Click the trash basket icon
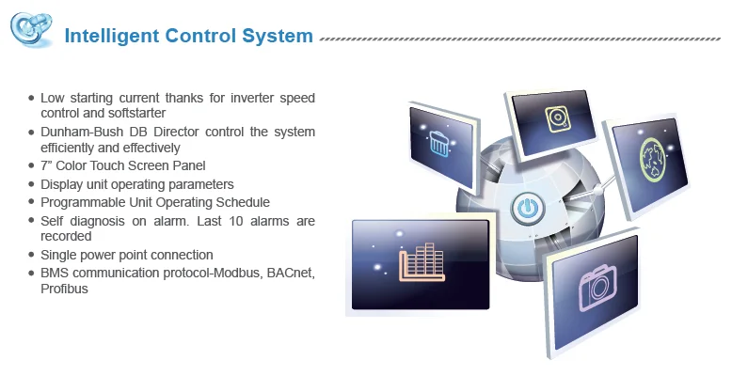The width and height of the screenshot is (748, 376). (x=439, y=146)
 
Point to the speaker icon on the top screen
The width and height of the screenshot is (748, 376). (x=557, y=119)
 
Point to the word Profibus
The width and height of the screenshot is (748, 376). (x=64, y=289)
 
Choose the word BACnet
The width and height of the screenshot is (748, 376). (x=282, y=273)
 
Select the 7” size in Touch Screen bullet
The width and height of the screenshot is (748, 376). (x=47, y=166)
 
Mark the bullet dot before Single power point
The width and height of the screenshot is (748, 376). (x=32, y=256)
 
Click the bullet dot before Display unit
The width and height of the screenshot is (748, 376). (x=32, y=185)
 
